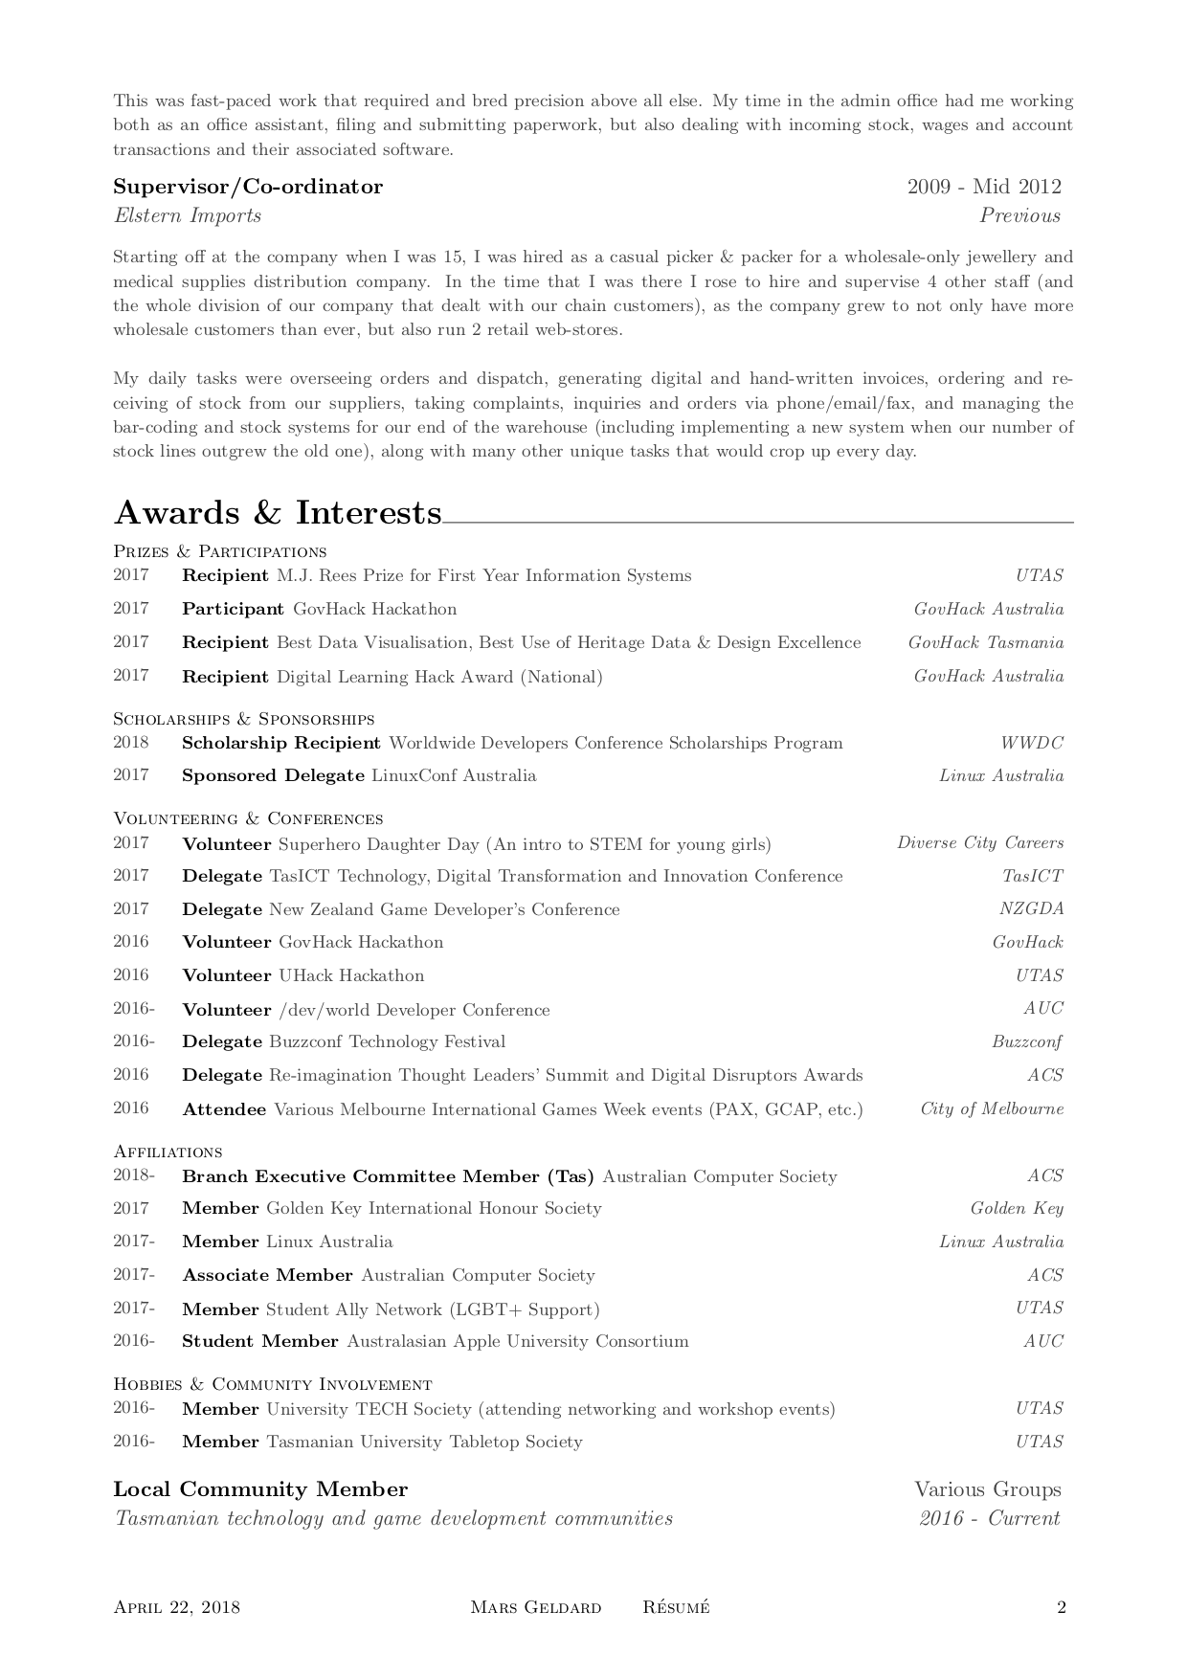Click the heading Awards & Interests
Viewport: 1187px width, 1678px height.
click(278, 514)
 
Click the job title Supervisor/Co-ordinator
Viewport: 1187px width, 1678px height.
click(248, 188)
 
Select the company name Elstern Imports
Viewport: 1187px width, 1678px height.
click(188, 215)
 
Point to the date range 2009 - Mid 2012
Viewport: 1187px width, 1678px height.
click(983, 188)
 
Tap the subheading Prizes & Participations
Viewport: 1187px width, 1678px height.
click(219, 552)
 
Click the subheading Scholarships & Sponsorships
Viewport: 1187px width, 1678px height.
click(243, 719)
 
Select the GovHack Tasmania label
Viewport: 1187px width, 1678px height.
click(985, 643)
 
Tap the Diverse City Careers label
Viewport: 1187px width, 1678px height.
click(979, 843)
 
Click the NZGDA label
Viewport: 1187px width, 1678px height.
click(1031, 909)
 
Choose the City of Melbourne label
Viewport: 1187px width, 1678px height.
click(992, 1109)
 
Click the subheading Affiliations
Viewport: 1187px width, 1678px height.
click(168, 1152)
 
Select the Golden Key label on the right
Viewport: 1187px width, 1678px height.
click(1016, 1209)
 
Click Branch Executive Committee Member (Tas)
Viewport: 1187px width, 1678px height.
click(388, 1176)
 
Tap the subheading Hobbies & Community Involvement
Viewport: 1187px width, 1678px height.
click(272, 1385)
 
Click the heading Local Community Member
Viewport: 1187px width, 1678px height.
click(260, 1490)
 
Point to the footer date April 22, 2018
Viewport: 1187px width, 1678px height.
click(176, 1607)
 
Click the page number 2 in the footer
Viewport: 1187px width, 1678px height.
click(1061, 1607)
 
